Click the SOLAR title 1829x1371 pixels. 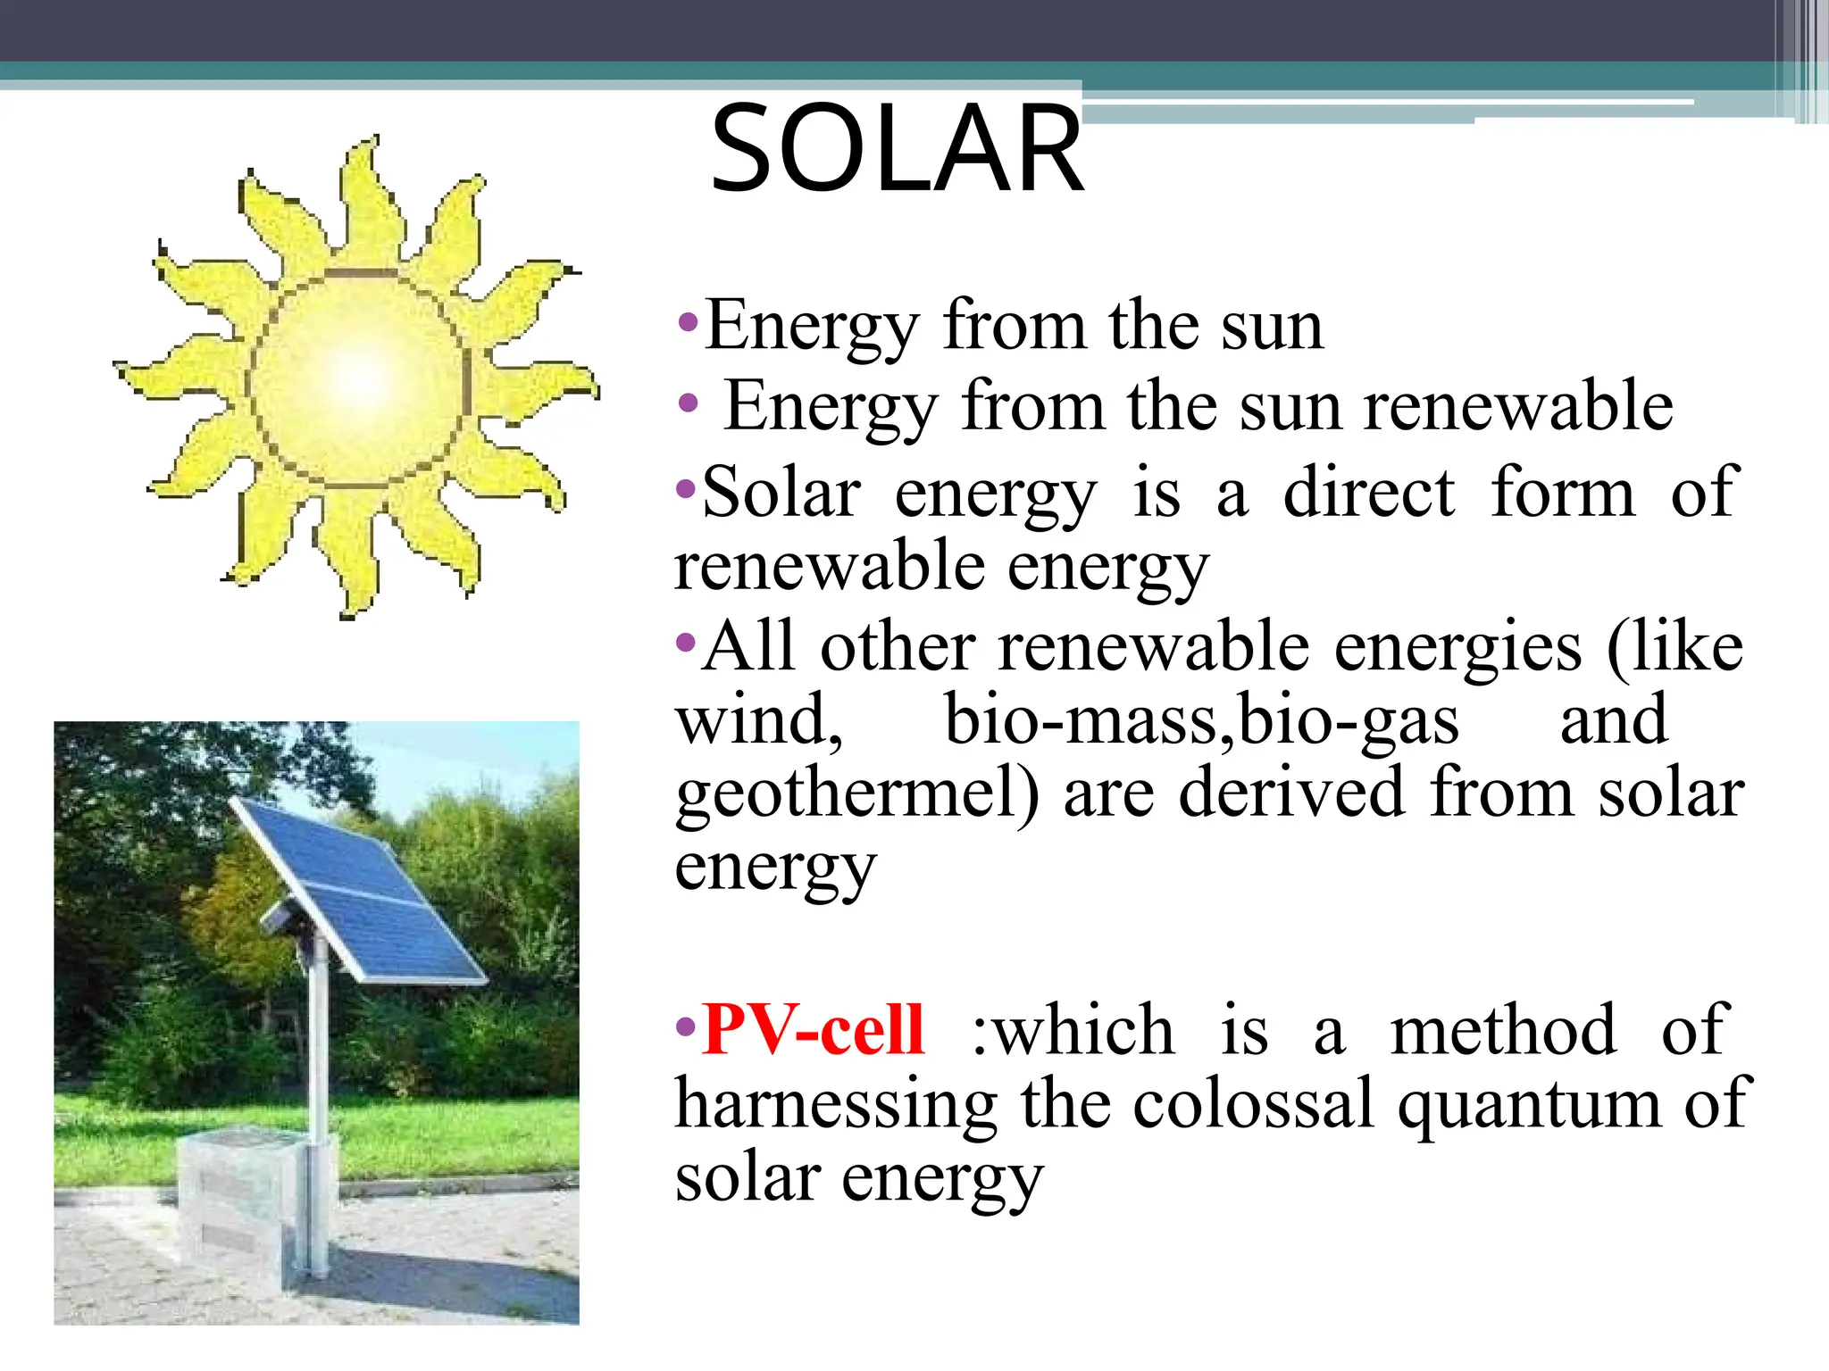897,149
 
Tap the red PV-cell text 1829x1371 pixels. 812,1031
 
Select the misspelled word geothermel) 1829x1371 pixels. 857,794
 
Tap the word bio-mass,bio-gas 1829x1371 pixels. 1201,721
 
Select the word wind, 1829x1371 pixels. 759,721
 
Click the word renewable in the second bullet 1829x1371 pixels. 1518,406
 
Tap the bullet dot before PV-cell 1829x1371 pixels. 686,1026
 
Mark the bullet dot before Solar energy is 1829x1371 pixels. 686,488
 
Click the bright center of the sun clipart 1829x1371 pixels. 359,379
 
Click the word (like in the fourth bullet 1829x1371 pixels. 1674,648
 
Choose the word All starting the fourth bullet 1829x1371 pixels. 748,646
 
